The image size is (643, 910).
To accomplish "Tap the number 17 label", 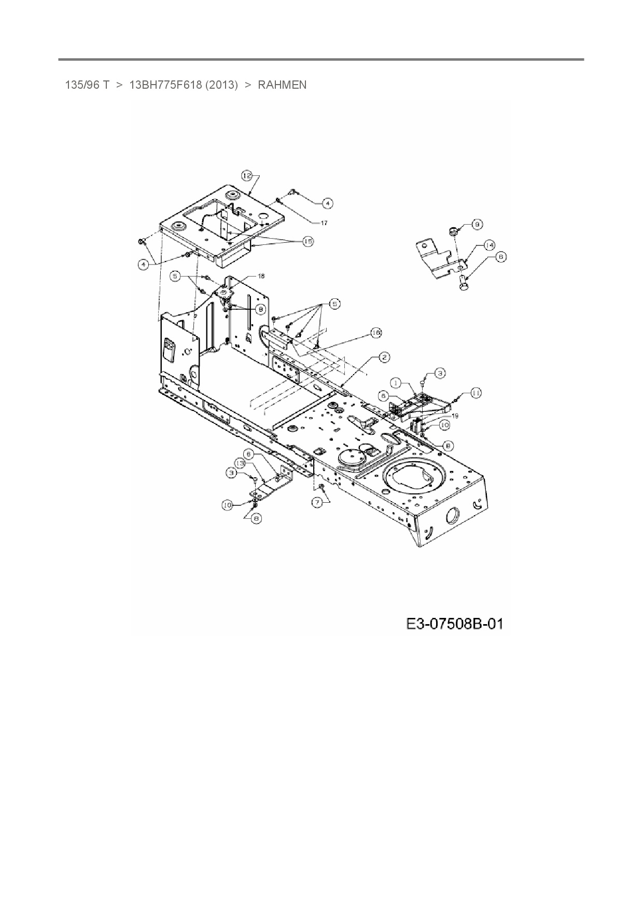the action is (324, 223).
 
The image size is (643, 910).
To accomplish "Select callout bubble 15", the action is (308, 241).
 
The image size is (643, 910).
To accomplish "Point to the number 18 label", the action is (261, 277).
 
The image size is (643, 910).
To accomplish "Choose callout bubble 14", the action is (490, 245).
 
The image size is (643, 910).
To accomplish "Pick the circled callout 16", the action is (376, 332).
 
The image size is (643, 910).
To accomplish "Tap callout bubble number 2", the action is (384, 357).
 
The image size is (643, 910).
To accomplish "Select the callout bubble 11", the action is (476, 393).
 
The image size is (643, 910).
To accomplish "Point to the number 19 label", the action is (455, 416).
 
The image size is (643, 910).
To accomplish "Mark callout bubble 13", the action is (240, 462).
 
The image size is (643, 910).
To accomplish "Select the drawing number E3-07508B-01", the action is (454, 623).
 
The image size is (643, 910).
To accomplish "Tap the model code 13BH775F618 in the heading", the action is (165, 85).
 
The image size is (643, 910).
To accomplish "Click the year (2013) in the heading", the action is (221, 85).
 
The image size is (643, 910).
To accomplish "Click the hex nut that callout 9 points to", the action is (452, 230).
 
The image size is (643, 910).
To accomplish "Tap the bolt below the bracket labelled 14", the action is (464, 284).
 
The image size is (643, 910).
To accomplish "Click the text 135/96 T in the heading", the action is (87, 85).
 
